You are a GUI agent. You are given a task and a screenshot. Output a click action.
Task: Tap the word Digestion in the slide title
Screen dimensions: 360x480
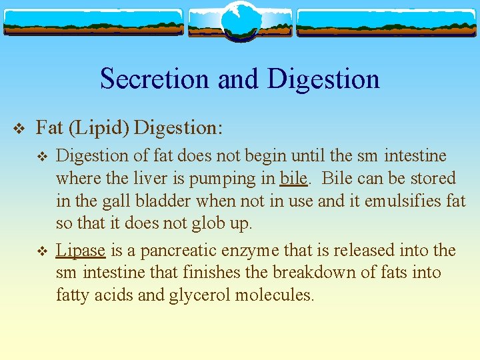[323, 79]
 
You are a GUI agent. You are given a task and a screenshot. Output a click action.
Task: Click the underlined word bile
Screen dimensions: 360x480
[293, 179]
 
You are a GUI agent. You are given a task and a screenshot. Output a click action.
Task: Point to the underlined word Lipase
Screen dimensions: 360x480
[81, 251]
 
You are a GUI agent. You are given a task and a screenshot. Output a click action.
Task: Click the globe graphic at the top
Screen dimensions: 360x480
[239, 21]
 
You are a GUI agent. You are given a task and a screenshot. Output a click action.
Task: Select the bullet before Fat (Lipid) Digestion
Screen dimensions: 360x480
[18, 127]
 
